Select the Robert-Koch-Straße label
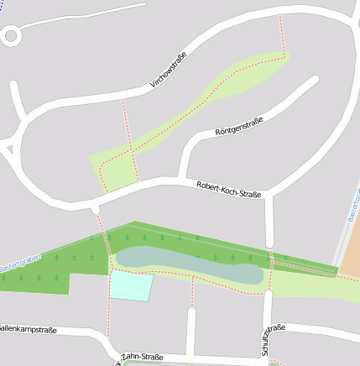[228, 190]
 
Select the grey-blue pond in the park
[185, 261]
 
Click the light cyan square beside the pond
[133, 285]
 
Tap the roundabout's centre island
[11, 35]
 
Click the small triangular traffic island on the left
[8, 150]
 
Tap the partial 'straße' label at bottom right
[278, 327]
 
